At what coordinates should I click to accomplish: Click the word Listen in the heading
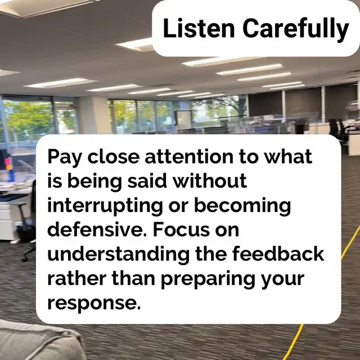199,28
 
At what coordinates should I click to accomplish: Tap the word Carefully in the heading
296,30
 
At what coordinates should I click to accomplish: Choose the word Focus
181,229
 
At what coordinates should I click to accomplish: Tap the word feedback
278,254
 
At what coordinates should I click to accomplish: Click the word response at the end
94,304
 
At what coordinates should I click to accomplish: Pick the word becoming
242,206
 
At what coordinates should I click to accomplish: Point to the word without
210,181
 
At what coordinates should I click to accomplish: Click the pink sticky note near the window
8,161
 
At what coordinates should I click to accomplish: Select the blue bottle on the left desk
11,175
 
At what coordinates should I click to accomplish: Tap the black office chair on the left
28,220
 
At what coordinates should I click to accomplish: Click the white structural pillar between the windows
94,115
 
